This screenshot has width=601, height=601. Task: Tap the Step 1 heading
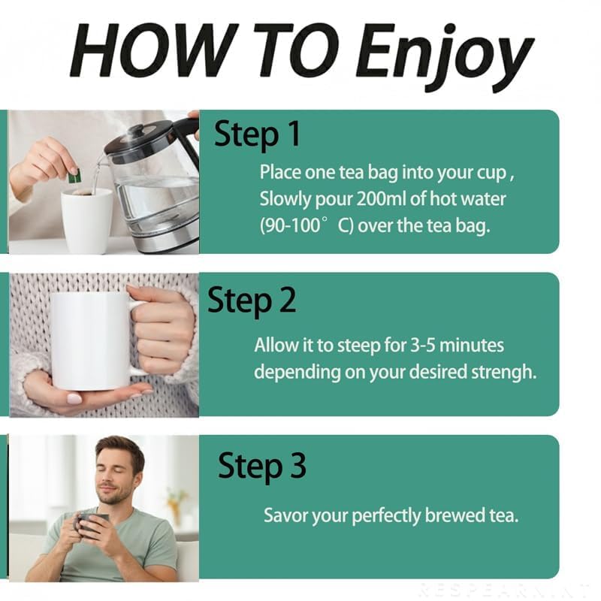pyautogui.click(x=257, y=134)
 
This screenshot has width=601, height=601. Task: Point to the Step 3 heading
pyautogui.click(x=262, y=466)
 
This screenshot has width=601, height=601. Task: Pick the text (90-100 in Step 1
pyautogui.click(x=290, y=225)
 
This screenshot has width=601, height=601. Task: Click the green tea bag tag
pyautogui.click(x=74, y=176)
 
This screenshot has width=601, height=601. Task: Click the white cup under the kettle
pyautogui.click(x=87, y=219)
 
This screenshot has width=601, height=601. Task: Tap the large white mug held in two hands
pyautogui.click(x=92, y=341)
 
